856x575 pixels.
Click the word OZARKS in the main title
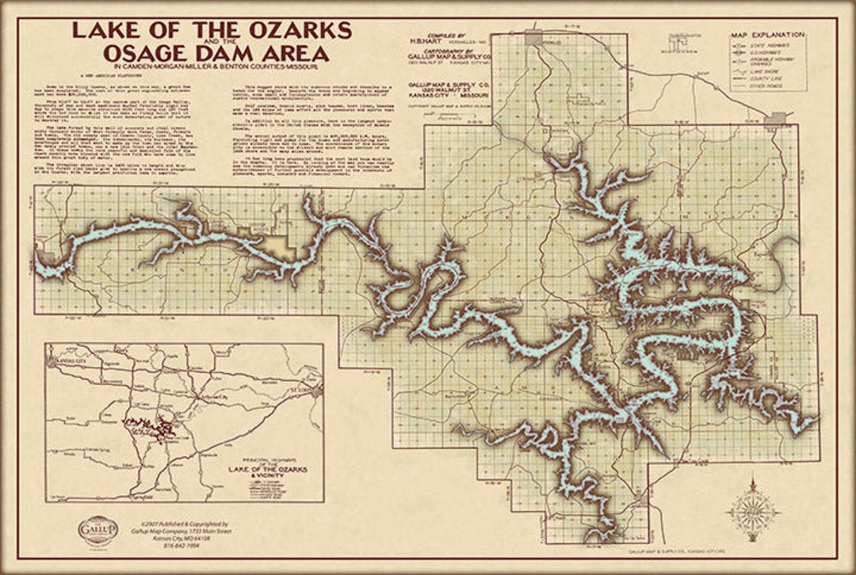pos(299,30)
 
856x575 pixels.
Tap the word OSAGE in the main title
pos(151,52)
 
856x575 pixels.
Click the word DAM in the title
pos(232,52)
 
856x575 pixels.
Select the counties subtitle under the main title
pos(211,68)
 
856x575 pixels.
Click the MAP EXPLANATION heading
pos(767,35)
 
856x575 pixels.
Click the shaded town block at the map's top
pos(533,37)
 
